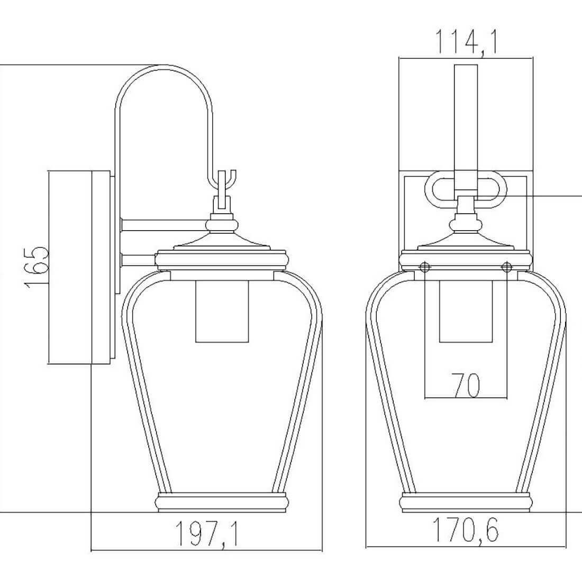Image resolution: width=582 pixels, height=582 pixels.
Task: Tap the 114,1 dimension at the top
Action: (466, 43)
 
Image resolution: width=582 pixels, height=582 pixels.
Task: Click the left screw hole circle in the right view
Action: (425, 267)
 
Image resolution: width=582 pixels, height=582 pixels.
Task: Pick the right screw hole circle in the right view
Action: (507, 267)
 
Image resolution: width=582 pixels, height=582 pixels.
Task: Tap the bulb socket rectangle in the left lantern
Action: (222, 311)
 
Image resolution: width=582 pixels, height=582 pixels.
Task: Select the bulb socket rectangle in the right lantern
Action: (466, 311)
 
